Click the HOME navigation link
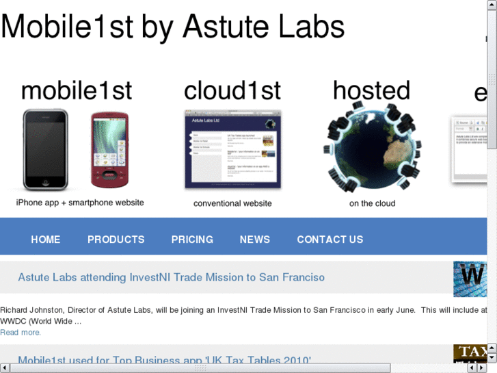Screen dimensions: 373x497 pyautogui.click(x=46, y=240)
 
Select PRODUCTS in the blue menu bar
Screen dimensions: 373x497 pyautogui.click(x=116, y=240)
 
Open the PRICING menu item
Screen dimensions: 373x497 pyautogui.click(x=192, y=240)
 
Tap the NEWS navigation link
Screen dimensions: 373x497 pyautogui.click(x=255, y=240)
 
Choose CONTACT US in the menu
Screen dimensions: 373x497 pyautogui.click(x=330, y=240)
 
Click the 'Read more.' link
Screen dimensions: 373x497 pyautogui.click(x=21, y=333)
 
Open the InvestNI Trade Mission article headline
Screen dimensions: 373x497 pyautogui.click(x=171, y=277)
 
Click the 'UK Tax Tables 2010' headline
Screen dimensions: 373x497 pyautogui.click(x=164, y=361)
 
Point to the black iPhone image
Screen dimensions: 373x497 pyautogui.click(x=45, y=149)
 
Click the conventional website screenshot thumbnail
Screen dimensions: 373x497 pyautogui.click(x=232, y=149)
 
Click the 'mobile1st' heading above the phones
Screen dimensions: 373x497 pyautogui.click(x=77, y=91)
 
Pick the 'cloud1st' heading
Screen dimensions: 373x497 pyautogui.click(x=232, y=91)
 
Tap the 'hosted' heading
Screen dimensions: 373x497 pyautogui.click(x=372, y=91)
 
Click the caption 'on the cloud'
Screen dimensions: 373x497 pyautogui.click(x=373, y=203)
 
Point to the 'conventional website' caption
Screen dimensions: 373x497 pyautogui.click(x=232, y=203)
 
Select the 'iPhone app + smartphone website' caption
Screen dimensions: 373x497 pyautogui.click(x=80, y=203)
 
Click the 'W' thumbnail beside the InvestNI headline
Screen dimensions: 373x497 pyautogui.click(x=470, y=279)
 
